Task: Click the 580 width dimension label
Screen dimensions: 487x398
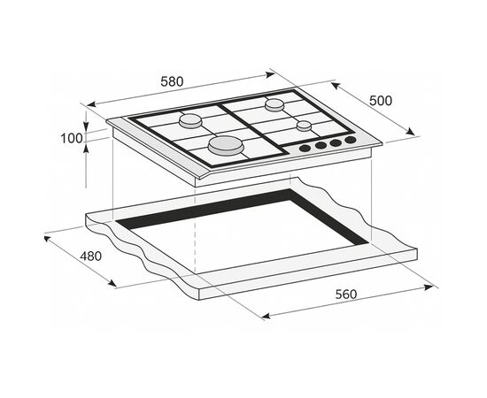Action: pos(172,81)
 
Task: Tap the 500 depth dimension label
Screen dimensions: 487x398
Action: pos(381,101)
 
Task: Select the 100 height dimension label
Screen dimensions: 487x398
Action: pos(72,138)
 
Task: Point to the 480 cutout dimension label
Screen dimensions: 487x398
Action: pos(90,256)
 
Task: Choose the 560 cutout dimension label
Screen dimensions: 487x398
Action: pos(346,295)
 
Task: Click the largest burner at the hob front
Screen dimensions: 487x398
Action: pos(226,145)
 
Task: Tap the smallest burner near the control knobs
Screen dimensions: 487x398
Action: pos(304,126)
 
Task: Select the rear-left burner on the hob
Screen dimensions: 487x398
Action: pos(190,120)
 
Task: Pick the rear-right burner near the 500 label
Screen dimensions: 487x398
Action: pos(274,104)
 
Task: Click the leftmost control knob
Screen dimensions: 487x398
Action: pos(305,149)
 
